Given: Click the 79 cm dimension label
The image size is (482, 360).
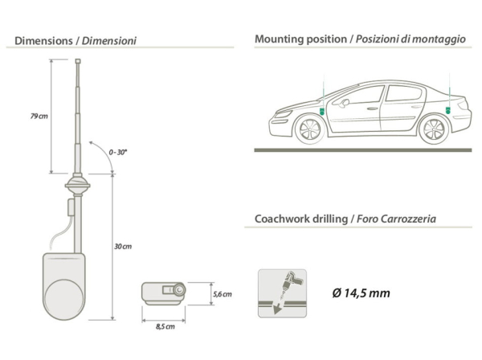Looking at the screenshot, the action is coord(39,117).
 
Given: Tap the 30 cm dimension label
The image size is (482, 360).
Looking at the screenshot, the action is coord(123,246).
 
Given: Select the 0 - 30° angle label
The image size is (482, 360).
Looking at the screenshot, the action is coord(118,152).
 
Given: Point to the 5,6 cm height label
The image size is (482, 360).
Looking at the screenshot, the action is coord(223,294).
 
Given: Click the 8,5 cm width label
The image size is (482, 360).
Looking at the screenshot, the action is coord(165,326).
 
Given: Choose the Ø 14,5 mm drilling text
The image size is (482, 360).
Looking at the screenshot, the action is coord(361,293).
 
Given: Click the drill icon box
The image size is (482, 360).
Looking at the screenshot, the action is coord(282,293).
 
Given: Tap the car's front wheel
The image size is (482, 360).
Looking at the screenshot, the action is coord(309,129).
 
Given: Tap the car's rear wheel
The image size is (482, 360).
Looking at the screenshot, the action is coord(434,129).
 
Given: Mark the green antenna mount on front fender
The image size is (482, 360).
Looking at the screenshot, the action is coord(322,111).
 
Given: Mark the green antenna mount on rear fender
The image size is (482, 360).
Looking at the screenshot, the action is coord(448,110).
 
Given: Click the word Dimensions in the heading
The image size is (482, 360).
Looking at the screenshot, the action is coord(43,41).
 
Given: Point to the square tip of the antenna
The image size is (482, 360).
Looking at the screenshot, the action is coord(78,61).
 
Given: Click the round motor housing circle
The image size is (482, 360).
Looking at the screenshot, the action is coord(64,300).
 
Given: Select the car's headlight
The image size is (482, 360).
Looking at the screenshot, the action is coord(283,114).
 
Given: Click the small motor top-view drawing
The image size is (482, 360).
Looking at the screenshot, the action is coord(164,293).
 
